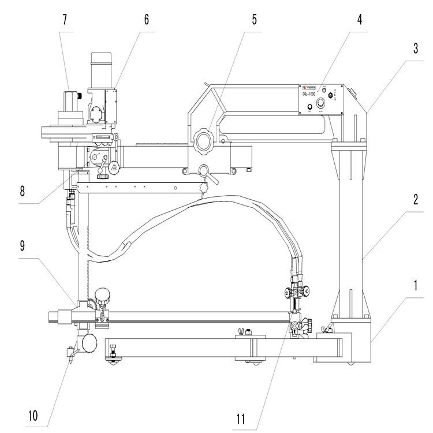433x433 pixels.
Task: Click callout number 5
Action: point(254,19)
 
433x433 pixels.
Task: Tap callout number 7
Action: point(65,19)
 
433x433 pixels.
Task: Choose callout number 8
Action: point(22,191)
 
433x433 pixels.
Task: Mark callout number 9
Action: point(22,245)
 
